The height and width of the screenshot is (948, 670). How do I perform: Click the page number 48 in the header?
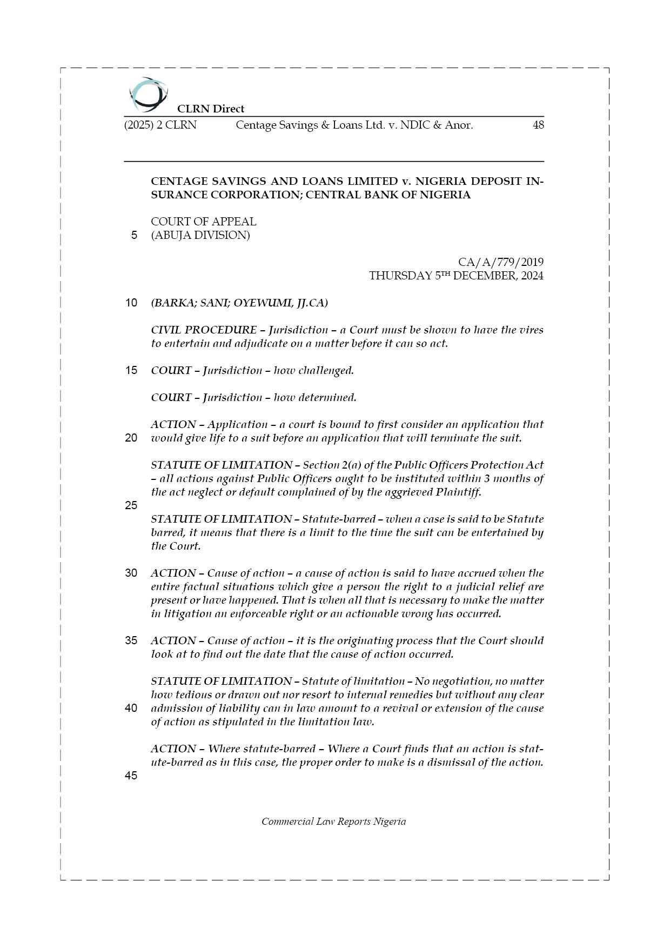[538, 125]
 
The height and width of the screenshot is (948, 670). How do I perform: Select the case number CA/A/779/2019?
[501, 262]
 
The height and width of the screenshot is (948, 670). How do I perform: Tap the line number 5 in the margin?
[134, 236]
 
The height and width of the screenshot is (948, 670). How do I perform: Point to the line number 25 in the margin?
[131, 506]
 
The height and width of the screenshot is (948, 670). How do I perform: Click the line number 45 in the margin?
[131, 776]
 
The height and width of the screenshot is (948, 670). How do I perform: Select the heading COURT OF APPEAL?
[204, 222]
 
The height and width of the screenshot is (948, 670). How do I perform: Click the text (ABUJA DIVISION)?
[200, 236]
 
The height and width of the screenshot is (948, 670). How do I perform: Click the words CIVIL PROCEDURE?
[204, 330]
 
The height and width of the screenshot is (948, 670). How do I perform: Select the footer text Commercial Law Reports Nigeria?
[333, 822]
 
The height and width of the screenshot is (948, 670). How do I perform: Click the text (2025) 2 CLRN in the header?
[160, 125]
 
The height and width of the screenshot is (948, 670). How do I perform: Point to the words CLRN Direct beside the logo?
[211, 109]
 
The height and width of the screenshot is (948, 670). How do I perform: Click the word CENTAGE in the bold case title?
[176, 181]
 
